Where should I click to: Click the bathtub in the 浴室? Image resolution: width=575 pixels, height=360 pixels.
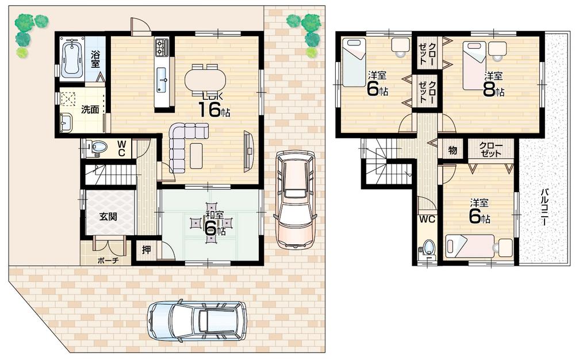72,59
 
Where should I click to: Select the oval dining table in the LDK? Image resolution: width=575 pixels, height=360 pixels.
205,79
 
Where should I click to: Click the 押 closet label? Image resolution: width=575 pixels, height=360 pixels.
146,251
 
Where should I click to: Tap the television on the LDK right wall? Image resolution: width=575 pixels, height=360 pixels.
248,151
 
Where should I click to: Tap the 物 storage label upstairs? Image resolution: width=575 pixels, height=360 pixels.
452,150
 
